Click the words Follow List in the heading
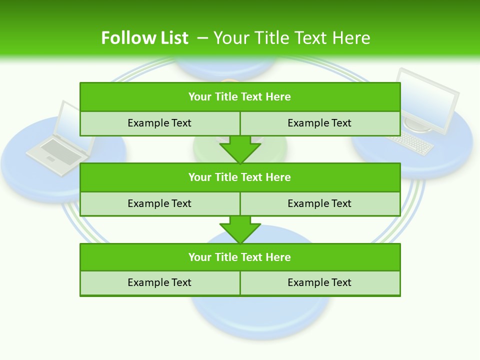coord(145,38)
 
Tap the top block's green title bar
coord(240,97)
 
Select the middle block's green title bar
coord(240,177)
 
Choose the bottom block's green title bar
coord(240,257)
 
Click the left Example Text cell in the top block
coord(159,123)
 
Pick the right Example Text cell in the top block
coord(319,123)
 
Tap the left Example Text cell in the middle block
coord(159,203)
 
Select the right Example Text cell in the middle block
coord(319,203)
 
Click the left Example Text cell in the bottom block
coord(159,282)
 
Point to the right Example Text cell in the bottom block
coord(319,282)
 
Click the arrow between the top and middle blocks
coord(240,149)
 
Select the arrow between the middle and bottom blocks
coord(240,229)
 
